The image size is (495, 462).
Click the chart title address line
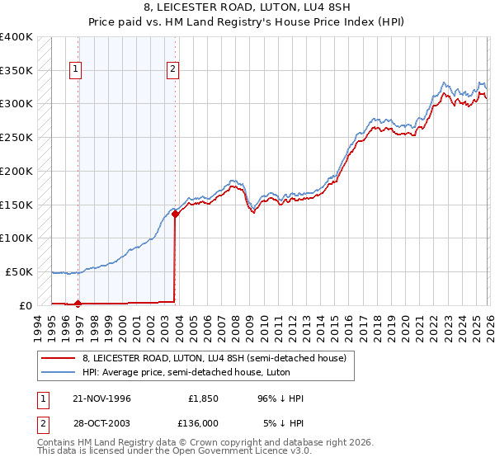point(247,8)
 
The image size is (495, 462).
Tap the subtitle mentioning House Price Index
point(247,23)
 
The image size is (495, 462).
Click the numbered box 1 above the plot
point(76,70)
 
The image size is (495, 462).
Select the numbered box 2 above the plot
point(173,70)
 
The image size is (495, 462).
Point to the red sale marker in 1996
point(78,304)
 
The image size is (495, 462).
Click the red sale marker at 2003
point(175,214)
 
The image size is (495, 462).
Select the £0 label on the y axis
point(25,305)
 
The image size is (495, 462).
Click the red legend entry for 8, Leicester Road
point(219,357)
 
